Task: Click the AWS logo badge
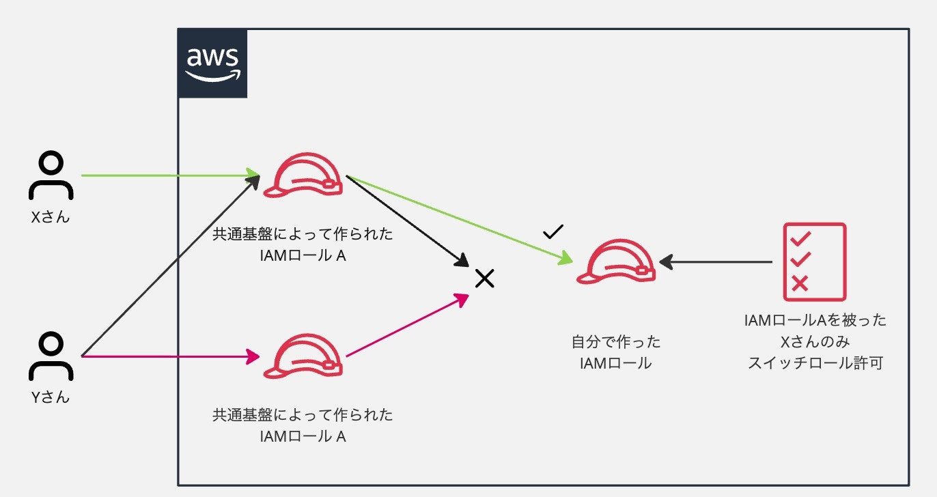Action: point(212,63)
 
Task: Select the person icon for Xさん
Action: point(51,175)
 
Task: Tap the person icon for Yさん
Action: point(51,356)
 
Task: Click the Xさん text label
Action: point(51,217)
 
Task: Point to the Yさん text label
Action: point(51,397)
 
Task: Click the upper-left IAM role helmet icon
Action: point(303,175)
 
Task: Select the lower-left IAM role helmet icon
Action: point(303,356)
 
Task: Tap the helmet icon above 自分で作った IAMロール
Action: point(616,261)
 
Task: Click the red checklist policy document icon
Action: point(815,261)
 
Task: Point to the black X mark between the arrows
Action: point(485,279)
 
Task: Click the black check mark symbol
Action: point(553,231)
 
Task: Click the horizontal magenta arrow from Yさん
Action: point(171,356)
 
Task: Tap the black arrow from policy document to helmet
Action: point(716,262)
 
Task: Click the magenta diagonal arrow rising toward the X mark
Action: point(408,325)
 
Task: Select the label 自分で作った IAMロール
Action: point(616,352)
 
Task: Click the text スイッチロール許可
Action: point(815,363)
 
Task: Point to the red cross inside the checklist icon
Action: point(800,283)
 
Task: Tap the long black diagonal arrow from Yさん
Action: point(171,266)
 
